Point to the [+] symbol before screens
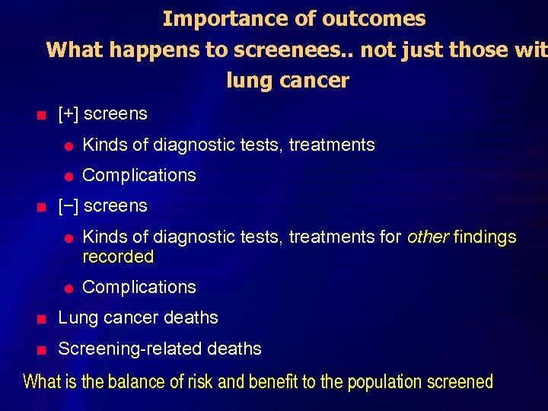[68, 114]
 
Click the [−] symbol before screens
[68, 206]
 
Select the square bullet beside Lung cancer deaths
[42, 319]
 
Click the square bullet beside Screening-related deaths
[42, 350]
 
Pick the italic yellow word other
[428, 237]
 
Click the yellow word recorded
[118, 257]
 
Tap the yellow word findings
[485, 237]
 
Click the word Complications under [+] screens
[139, 175]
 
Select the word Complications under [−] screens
[139, 288]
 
